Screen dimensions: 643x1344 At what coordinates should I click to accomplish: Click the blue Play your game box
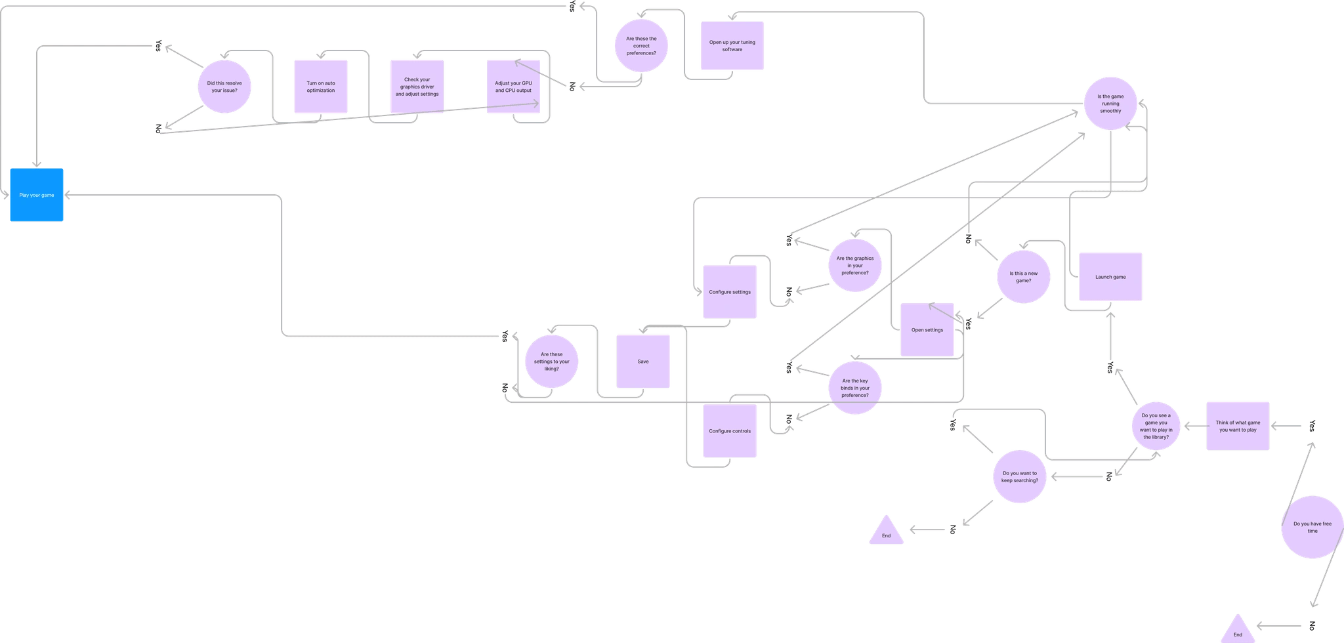coord(37,196)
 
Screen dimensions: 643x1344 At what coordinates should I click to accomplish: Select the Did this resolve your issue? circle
coord(224,87)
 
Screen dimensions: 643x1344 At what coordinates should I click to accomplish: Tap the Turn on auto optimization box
coord(320,87)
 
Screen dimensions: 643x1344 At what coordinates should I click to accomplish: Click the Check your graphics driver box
coord(417,87)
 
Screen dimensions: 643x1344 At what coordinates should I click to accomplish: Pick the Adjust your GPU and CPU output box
coord(513,87)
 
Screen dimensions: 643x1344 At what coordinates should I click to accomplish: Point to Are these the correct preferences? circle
coord(641,46)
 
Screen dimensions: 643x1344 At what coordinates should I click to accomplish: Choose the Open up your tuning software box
coord(732,46)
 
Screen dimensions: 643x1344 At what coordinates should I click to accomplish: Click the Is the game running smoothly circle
coord(1110,104)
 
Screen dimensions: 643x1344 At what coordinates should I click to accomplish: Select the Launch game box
coord(1110,277)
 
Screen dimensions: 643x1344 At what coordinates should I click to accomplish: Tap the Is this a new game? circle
coord(1023,277)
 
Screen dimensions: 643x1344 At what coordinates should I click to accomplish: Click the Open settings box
coord(927,330)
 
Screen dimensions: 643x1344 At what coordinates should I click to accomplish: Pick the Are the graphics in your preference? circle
coord(854,266)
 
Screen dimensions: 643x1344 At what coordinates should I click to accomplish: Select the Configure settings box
coord(730,292)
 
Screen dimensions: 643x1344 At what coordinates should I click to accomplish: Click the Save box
coord(643,362)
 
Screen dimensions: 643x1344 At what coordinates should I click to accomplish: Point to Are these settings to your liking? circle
coord(551,362)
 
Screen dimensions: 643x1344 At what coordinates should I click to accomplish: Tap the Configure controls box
coord(730,431)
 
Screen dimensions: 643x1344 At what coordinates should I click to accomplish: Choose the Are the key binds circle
coord(854,388)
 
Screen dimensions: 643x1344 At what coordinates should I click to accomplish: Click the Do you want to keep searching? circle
coord(1020,477)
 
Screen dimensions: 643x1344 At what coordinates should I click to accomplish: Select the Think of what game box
coord(1238,426)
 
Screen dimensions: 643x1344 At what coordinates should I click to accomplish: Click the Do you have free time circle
coord(1312,528)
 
